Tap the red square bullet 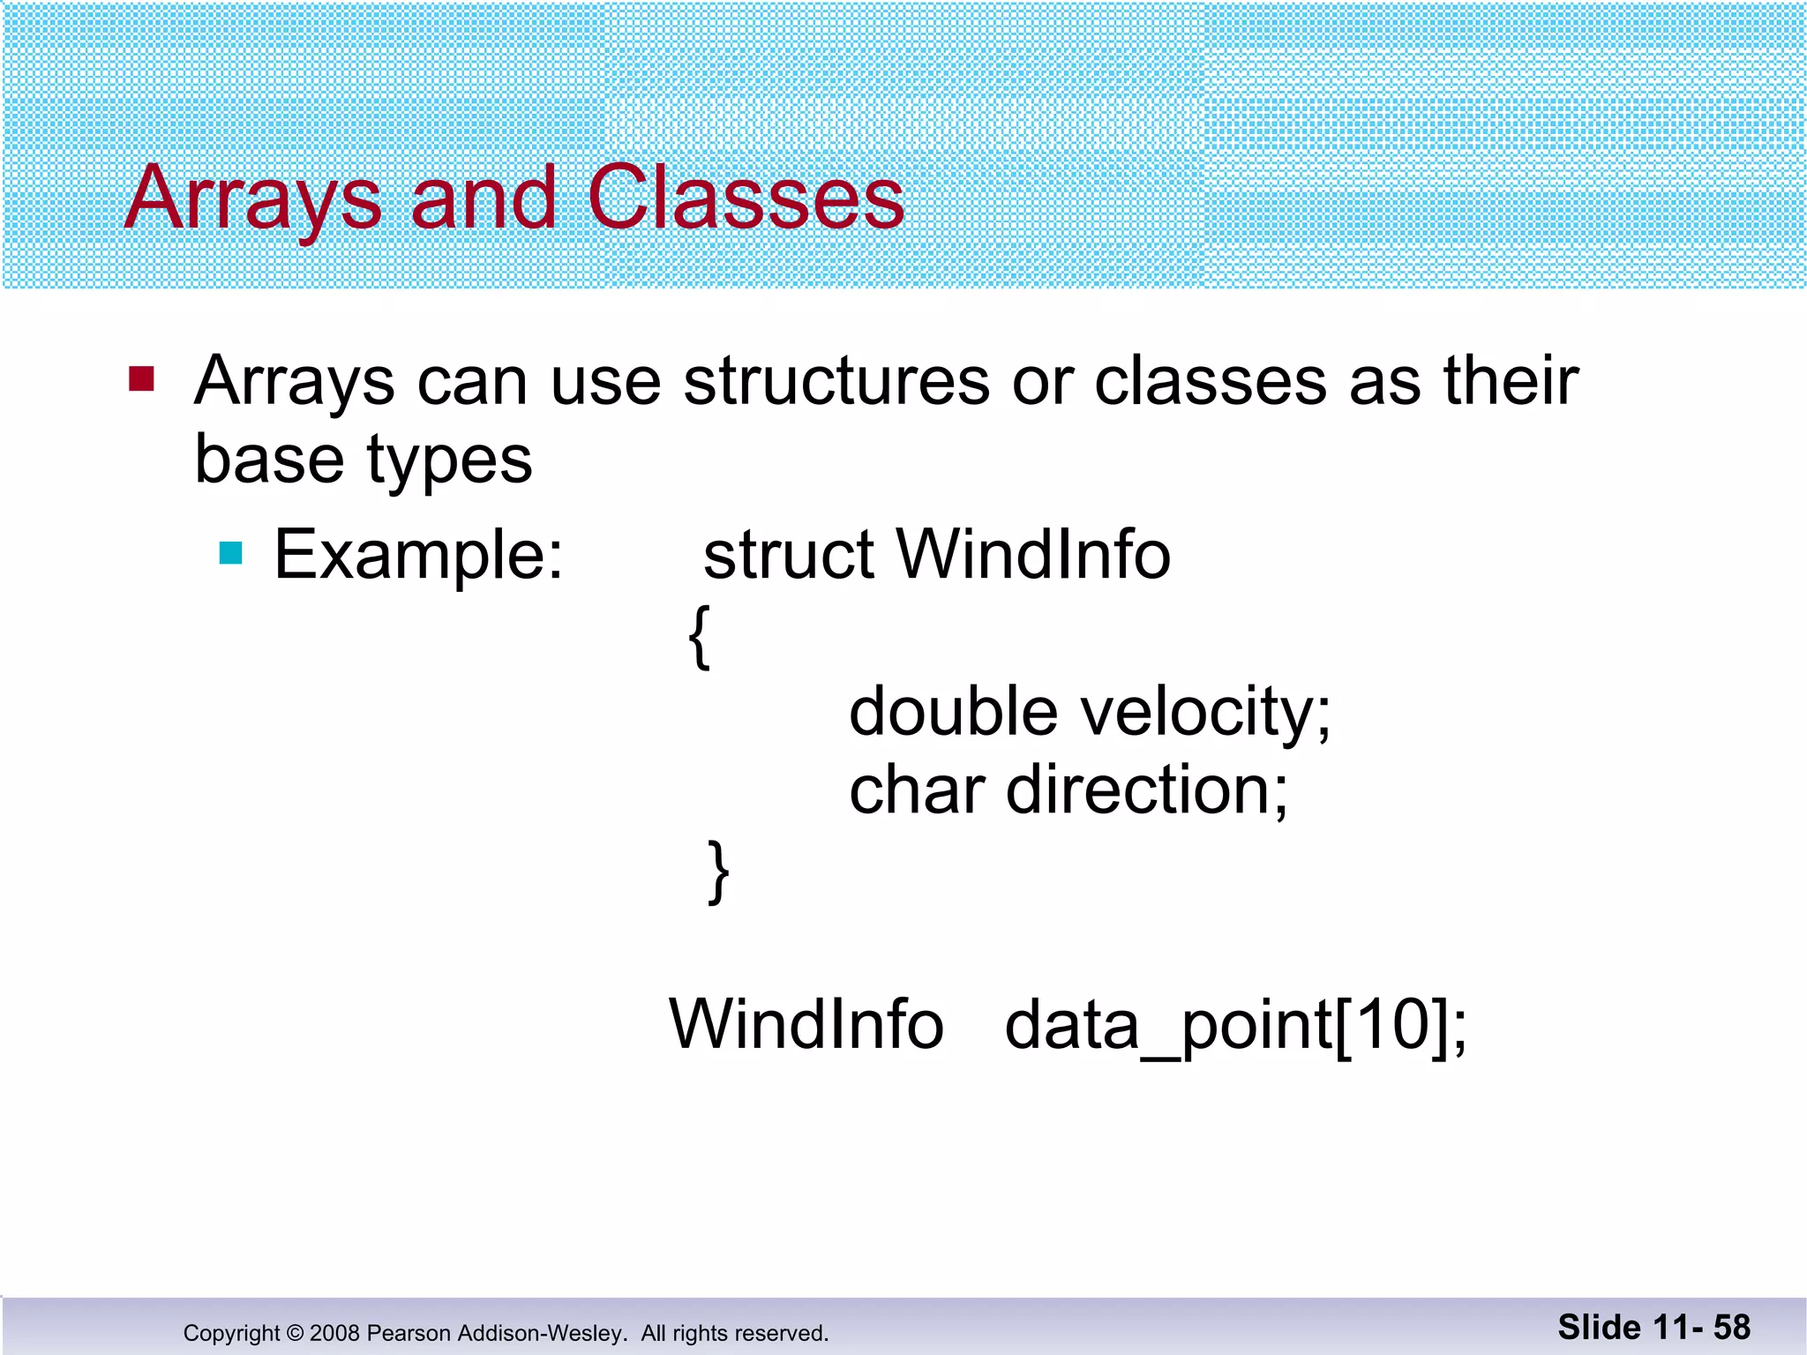(x=141, y=378)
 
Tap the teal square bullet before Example (x=230, y=553)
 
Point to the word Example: (x=418, y=555)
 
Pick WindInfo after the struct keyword (x=1033, y=555)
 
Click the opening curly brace (x=699, y=637)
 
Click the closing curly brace (x=719, y=872)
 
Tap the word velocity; (x=1206, y=713)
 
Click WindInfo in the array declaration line (x=806, y=1025)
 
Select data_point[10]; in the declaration (x=1235, y=1027)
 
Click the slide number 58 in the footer (x=1731, y=1327)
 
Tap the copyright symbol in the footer (x=295, y=1333)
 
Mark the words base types (x=364, y=460)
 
